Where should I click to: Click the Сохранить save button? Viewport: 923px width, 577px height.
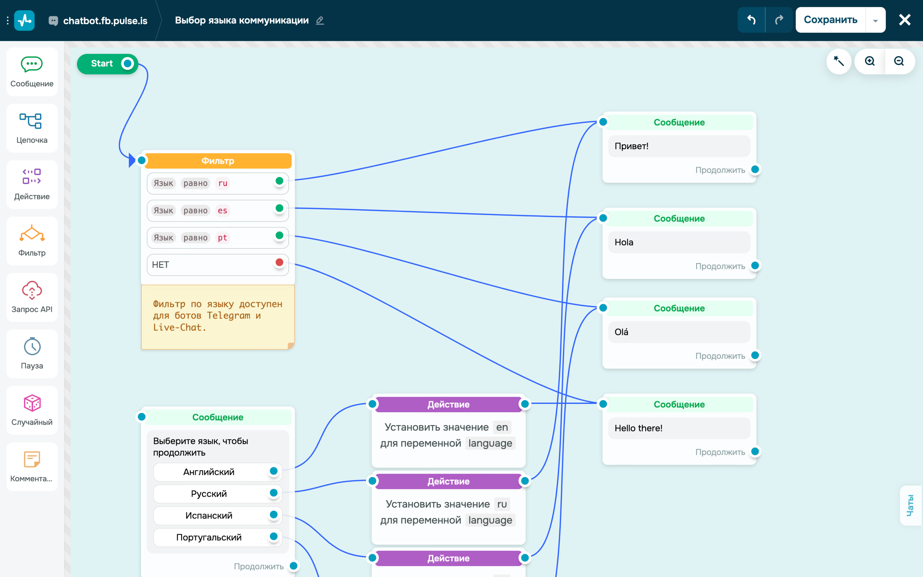830,20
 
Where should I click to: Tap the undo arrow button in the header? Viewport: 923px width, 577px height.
751,20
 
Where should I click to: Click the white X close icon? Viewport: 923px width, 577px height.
905,20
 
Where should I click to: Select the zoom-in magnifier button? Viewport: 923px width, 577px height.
870,61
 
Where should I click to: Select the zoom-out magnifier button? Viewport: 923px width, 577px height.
899,61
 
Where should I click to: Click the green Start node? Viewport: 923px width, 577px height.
107,64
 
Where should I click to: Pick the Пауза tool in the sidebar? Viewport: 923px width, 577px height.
32,354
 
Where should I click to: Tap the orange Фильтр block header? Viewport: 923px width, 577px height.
218,161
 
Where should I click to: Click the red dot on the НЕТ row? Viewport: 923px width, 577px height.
279,262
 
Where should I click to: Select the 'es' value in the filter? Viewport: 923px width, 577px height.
222,211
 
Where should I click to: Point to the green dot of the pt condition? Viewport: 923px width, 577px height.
279,235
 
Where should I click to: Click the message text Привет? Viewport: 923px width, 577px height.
632,146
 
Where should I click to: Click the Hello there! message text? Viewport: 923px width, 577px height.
638,428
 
